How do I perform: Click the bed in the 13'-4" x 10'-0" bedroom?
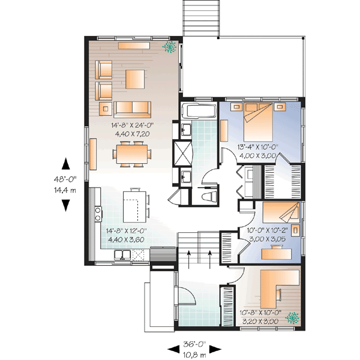click(x=259, y=121)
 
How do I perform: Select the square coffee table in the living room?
click(x=135, y=78)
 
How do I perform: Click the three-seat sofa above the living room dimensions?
click(x=132, y=109)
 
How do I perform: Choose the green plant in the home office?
click(x=293, y=317)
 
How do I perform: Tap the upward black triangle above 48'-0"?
click(x=66, y=163)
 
